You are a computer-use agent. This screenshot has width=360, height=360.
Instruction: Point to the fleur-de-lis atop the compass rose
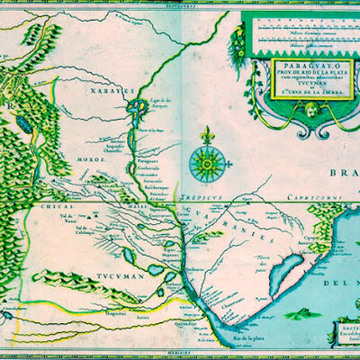pos(208,136)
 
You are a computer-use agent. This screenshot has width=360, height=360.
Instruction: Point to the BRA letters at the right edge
pos(344,175)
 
